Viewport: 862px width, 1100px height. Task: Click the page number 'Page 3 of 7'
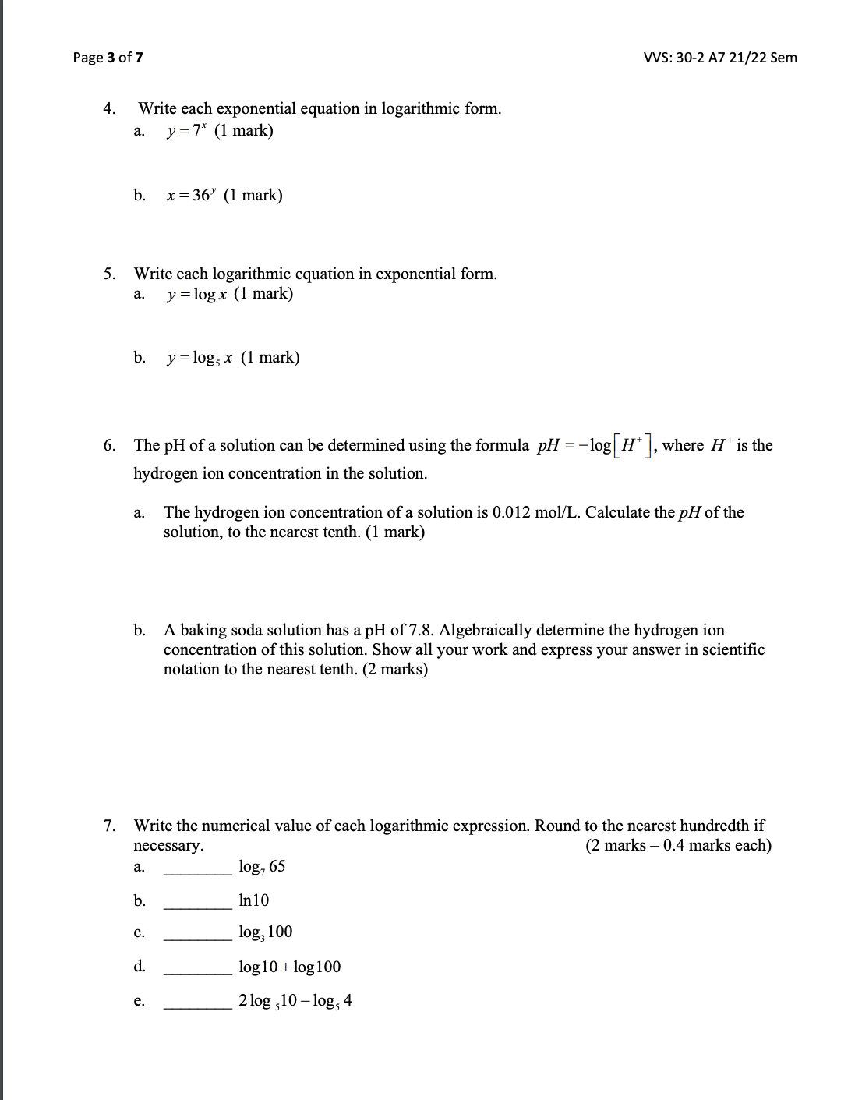point(108,58)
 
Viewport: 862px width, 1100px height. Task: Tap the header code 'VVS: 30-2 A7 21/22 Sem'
point(721,58)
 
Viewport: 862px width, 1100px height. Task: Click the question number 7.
point(111,826)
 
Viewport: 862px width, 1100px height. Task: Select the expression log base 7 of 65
point(262,867)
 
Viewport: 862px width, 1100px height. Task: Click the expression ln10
point(254,900)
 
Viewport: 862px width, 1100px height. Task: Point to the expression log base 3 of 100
point(266,932)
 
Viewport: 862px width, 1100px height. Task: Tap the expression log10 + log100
point(290,967)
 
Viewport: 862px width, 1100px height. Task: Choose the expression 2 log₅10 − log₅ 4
point(295,1001)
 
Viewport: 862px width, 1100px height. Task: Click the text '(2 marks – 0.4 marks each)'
point(678,846)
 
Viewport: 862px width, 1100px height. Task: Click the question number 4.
point(111,108)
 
